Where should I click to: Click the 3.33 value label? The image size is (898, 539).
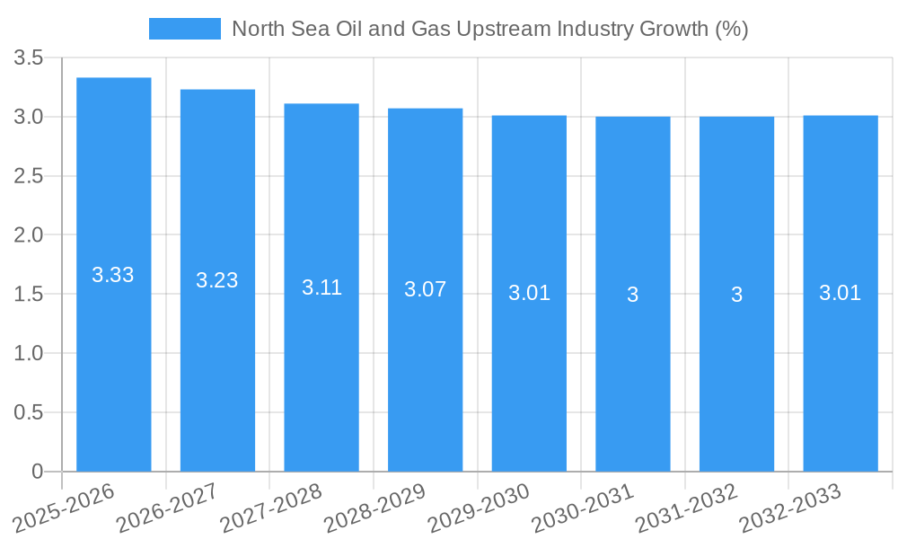[113, 275]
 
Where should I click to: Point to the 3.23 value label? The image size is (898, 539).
[217, 280]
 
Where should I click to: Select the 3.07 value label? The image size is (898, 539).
[426, 289]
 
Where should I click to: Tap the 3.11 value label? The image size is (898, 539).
[321, 287]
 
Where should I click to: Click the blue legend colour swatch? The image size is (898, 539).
[184, 29]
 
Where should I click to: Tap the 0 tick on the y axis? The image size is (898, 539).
[37, 472]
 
